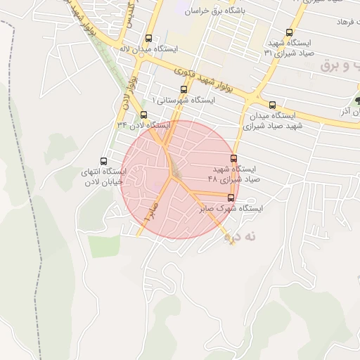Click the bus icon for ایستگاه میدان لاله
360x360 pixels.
point(148,39)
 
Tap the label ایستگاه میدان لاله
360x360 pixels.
point(148,50)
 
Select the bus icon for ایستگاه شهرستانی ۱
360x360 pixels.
point(184,89)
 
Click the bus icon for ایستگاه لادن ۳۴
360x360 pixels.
point(144,115)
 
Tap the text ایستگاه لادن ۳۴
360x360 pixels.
point(144,125)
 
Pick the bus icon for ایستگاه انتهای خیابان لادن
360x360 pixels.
point(105,161)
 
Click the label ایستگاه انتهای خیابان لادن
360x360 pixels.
point(103,176)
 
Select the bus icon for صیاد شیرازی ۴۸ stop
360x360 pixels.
point(234,158)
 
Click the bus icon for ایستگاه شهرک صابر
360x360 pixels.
point(231,198)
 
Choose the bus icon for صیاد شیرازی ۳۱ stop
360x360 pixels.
point(290,32)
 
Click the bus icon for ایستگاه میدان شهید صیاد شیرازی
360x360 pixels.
point(272,105)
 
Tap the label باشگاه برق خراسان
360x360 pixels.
point(214,11)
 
